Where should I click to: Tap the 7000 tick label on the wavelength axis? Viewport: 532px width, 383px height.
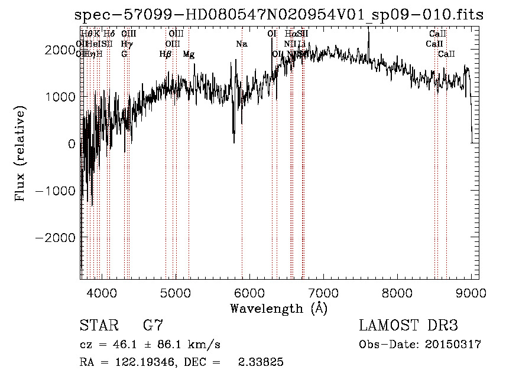323,292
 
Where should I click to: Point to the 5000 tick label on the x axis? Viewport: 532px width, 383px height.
176,292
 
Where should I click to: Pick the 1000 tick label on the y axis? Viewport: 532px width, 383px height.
61,96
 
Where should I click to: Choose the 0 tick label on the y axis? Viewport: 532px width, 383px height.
72,143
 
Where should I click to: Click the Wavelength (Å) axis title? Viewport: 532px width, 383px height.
278,308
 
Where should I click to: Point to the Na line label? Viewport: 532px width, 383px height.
241,44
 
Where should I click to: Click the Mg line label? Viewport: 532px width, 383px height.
189,54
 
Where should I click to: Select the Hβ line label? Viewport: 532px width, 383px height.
166,54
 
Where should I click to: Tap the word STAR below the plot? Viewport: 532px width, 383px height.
99,326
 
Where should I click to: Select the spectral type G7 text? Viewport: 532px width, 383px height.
153,326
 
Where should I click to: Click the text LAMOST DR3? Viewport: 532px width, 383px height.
408,326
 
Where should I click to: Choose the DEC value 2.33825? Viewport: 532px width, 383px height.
261,362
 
